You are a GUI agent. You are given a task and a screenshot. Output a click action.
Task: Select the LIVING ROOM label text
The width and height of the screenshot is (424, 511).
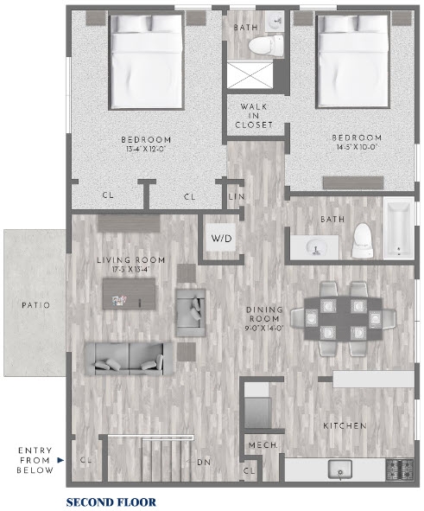point(130,260)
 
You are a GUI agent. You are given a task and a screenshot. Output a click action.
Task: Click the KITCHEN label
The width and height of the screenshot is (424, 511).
point(345,426)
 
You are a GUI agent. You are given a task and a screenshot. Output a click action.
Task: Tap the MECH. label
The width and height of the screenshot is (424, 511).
point(261,446)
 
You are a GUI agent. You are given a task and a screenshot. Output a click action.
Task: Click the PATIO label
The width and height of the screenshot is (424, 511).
point(35,305)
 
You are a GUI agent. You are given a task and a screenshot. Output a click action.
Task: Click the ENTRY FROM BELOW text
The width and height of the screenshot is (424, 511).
point(35,460)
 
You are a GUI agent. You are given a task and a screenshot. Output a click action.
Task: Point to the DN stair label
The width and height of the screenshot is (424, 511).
point(204,462)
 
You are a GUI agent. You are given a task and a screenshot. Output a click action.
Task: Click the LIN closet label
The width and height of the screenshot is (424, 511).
point(236,196)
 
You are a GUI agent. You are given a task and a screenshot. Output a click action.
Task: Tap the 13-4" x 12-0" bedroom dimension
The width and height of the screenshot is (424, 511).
point(146,150)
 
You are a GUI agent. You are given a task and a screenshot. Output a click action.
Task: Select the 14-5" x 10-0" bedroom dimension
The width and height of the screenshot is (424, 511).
point(357,148)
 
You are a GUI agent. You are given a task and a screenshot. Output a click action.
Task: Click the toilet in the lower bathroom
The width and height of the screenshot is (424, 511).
point(361,240)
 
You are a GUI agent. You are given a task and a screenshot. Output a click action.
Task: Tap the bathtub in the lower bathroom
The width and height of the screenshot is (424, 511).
point(397,230)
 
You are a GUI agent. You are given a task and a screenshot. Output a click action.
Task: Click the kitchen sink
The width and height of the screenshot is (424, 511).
point(339,470)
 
